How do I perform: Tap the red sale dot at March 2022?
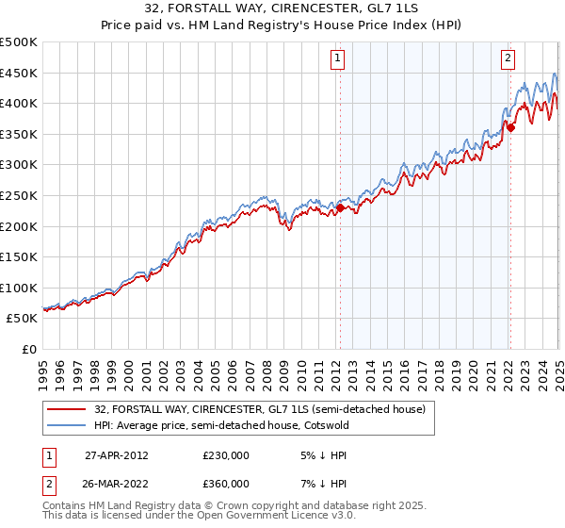tap(509, 126)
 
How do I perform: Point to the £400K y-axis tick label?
tap(20, 103)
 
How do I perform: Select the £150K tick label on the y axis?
tap(20, 256)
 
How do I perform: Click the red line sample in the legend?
tap(66, 410)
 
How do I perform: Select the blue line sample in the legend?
tap(66, 425)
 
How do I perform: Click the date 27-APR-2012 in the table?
tap(116, 454)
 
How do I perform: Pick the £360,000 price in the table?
tap(226, 484)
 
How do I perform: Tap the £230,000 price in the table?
tap(226, 454)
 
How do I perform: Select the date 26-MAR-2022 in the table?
tap(116, 484)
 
